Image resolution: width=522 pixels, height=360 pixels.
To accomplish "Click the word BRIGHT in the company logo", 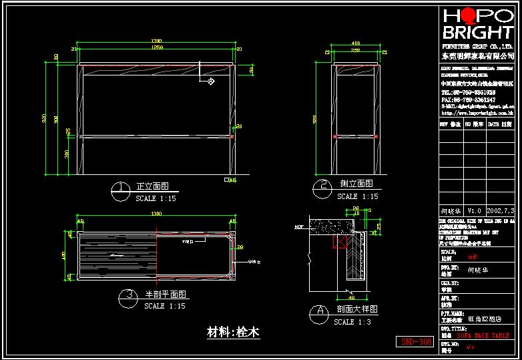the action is (477, 32).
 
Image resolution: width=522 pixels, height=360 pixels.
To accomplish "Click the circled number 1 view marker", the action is (120, 190).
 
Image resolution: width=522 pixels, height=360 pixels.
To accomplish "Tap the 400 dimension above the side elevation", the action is (356, 43).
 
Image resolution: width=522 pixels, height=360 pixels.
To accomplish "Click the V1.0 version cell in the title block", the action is (474, 210).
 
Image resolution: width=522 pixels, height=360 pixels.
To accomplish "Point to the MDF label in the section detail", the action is (298, 227).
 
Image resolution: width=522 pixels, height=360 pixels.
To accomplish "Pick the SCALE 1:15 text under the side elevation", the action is (357, 197).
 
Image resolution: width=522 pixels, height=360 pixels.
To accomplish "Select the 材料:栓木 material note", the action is (234, 332).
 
